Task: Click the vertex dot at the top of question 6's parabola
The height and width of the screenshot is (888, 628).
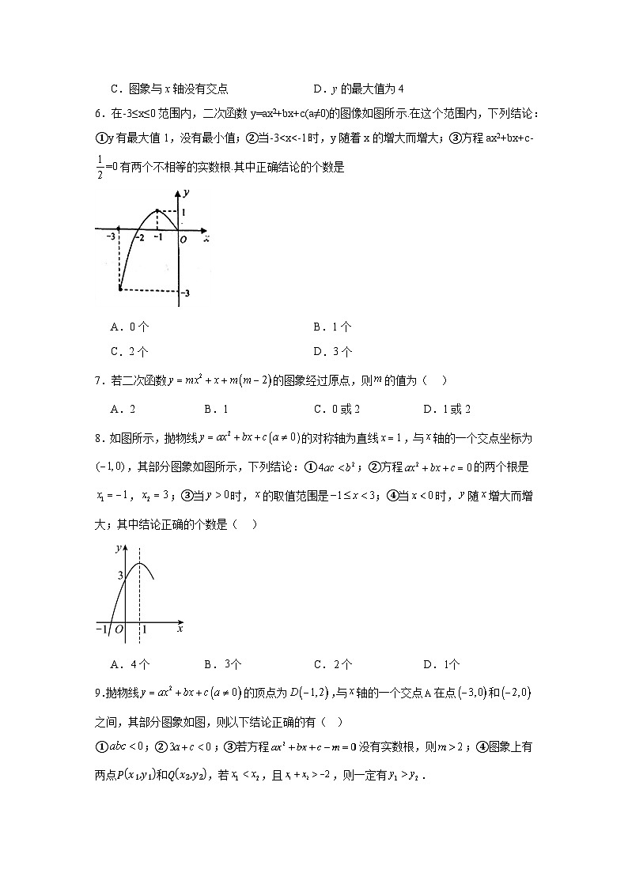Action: coord(157,211)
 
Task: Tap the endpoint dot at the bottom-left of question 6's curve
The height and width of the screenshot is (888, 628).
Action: coord(119,289)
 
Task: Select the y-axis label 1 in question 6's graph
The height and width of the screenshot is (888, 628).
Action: coord(183,213)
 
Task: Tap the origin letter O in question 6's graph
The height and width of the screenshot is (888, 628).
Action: coord(183,240)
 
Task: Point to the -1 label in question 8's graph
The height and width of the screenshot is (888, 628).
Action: coord(100,629)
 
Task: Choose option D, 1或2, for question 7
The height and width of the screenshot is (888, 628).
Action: coord(447,409)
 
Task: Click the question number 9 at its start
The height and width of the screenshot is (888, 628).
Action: coord(97,693)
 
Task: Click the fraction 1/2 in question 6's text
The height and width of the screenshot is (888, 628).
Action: coord(100,168)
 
